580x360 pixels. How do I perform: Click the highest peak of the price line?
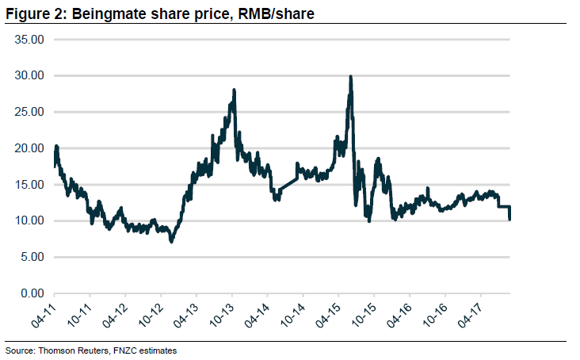(350, 77)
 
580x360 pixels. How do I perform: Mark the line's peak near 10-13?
(235, 90)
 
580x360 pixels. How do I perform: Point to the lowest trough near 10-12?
(172, 241)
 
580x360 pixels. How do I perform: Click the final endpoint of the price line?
(509, 220)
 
